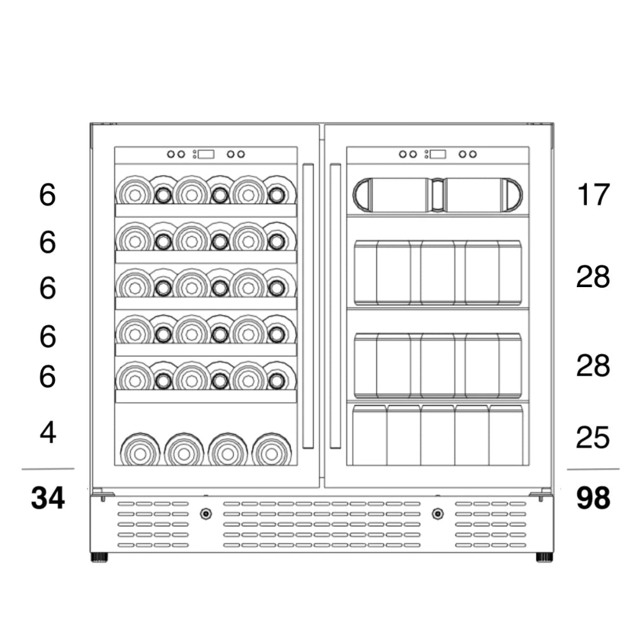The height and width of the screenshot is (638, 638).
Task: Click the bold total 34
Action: (48, 498)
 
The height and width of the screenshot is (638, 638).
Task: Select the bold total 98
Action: (593, 498)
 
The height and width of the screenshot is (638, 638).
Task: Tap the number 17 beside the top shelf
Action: (593, 195)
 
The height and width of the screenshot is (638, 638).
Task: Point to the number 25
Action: (593, 438)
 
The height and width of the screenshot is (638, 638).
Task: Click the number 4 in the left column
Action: (48, 433)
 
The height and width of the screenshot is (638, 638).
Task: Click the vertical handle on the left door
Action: (308, 306)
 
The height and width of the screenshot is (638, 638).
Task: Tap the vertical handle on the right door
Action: (335, 306)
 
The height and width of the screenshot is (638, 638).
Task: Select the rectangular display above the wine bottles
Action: (205, 154)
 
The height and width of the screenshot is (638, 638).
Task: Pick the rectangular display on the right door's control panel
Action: (438, 154)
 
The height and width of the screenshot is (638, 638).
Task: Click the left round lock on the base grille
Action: (205, 514)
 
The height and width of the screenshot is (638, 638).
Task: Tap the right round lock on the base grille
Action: (438, 514)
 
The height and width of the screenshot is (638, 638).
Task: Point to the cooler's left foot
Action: (100, 557)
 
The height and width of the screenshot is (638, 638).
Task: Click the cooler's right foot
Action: (544, 557)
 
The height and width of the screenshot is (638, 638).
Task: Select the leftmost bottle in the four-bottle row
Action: (140, 450)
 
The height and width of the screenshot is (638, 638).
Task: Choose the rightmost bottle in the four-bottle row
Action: (272, 450)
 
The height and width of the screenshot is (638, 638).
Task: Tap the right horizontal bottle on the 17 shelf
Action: (482, 195)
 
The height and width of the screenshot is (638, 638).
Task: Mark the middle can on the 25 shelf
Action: (438, 435)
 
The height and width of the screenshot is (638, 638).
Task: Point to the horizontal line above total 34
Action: (48, 469)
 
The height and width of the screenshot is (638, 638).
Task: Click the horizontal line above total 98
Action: (593, 469)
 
